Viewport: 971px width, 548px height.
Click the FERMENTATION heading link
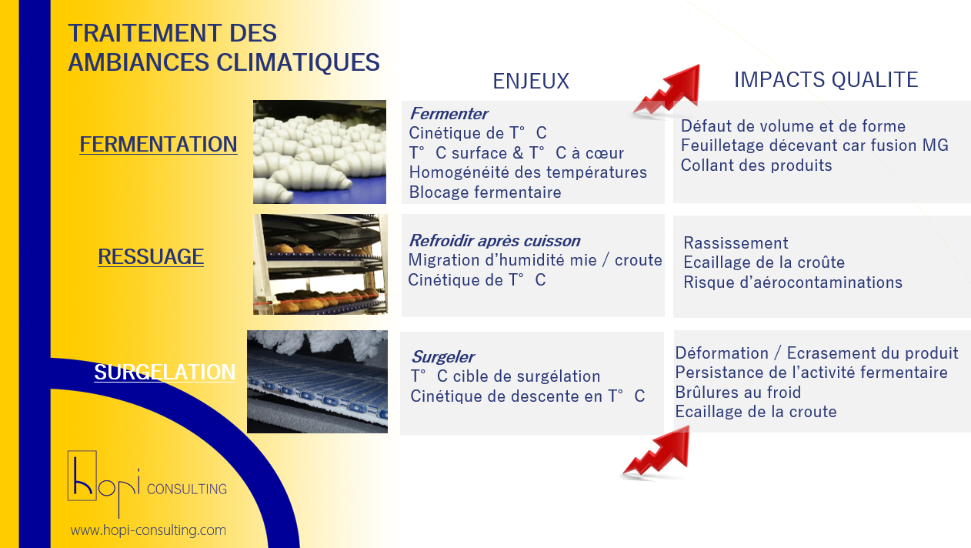pyautogui.click(x=158, y=145)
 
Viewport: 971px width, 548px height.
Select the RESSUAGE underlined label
pyautogui.click(x=150, y=256)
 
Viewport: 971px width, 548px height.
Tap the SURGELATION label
pyautogui.click(x=165, y=372)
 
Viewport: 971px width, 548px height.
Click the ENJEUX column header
pyautogui.click(x=531, y=81)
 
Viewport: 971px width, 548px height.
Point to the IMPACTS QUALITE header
pyautogui.click(x=826, y=80)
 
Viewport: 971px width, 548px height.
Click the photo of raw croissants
pyautogui.click(x=319, y=152)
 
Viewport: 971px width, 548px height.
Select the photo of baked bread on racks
pyautogui.click(x=320, y=264)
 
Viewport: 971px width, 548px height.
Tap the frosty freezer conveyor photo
pyautogui.click(x=317, y=382)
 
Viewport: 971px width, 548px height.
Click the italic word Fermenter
pyautogui.click(x=449, y=114)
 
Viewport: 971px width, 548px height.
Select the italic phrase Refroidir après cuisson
pyautogui.click(x=495, y=241)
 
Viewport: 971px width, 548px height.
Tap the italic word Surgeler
pyautogui.click(x=442, y=357)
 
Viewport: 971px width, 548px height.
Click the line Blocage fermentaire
pyautogui.click(x=485, y=192)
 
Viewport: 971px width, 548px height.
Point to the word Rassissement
pyautogui.click(x=736, y=242)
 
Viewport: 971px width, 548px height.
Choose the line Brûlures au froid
pyautogui.click(x=738, y=392)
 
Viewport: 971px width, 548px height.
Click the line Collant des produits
pyautogui.click(x=756, y=165)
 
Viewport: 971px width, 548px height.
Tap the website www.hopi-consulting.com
pyautogui.click(x=148, y=530)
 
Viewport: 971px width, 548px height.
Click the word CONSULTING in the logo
pyautogui.click(x=187, y=489)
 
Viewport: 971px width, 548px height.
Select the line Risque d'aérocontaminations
pyautogui.click(x=792, y=282)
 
